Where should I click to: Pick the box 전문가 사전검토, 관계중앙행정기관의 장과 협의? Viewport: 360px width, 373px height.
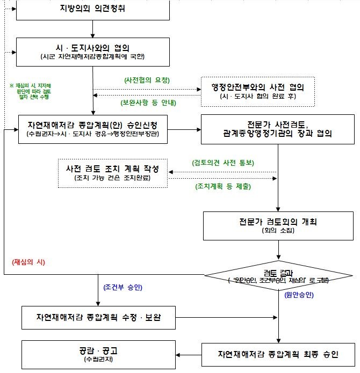pos(278,129)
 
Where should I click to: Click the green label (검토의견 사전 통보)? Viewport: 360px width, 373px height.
pos(223,162)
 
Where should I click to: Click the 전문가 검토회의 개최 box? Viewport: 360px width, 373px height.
pos(278,225)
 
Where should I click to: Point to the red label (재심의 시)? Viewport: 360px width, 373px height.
pos(28,262)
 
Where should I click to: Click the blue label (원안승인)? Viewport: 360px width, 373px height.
pos(299,295)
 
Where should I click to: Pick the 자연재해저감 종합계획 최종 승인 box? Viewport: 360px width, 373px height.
pos(278,354)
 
